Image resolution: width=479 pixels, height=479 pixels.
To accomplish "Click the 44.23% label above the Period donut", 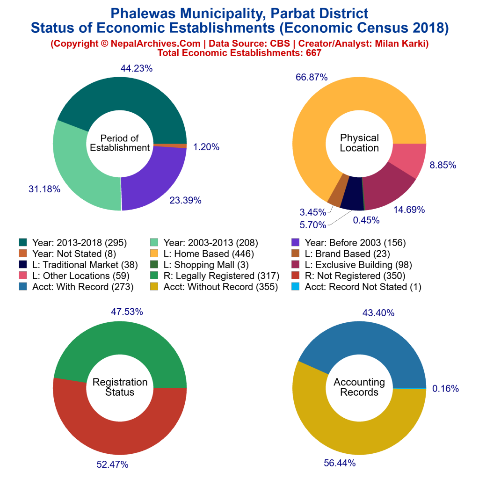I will [137, 68].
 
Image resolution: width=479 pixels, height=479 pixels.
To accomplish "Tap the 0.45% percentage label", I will [366, 220].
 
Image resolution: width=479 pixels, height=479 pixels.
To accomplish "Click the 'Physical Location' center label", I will [359, 143].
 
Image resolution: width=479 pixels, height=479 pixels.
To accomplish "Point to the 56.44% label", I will [340, 463].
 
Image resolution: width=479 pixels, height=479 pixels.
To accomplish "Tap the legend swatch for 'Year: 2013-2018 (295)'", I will [23, 243].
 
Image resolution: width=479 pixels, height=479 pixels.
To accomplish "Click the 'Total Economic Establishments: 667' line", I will [239, 53].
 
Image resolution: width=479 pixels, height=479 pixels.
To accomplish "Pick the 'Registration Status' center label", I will [120, 387].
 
